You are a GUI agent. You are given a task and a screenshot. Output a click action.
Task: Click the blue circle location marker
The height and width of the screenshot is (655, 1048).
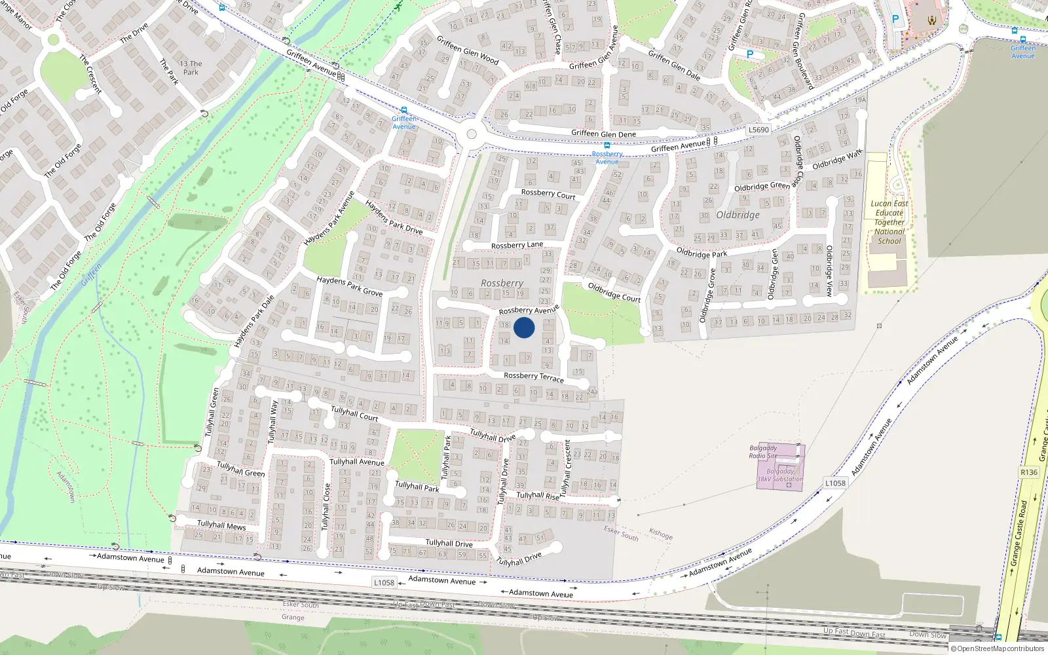524,327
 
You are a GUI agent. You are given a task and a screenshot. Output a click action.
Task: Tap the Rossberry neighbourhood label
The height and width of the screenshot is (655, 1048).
502,284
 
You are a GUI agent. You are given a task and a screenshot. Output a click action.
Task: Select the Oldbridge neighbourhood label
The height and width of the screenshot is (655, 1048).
738,215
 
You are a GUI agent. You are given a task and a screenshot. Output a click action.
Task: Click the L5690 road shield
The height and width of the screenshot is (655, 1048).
758,130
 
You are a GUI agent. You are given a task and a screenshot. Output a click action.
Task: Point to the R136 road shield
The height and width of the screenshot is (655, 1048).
1029,472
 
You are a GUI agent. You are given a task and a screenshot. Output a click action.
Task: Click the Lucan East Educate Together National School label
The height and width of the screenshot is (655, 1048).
889,222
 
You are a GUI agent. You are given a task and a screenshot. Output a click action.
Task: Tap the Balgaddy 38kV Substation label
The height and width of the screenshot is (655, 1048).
779,475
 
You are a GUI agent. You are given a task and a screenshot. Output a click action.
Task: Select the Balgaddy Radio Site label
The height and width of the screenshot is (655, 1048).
763,452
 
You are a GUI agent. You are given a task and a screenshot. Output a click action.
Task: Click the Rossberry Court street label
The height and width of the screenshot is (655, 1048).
548,193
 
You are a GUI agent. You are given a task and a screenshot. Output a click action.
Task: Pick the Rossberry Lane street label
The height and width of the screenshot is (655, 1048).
517,246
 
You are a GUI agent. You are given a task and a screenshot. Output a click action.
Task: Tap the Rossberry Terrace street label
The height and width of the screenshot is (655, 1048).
533,377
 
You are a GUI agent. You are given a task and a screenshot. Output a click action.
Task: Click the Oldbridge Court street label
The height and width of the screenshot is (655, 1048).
614,292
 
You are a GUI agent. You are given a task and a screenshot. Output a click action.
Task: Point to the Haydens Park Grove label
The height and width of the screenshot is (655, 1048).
349,286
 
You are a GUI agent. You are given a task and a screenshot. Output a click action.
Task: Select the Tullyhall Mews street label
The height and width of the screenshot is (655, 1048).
221,525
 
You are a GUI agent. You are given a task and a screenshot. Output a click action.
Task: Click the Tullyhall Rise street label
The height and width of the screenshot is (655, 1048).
538,496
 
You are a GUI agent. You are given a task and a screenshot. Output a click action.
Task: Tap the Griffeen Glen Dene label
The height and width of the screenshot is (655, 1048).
603,134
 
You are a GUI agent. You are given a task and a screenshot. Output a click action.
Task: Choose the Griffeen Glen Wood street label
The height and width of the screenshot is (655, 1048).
468,50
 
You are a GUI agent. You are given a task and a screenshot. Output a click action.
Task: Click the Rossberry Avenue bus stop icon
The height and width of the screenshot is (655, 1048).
607,145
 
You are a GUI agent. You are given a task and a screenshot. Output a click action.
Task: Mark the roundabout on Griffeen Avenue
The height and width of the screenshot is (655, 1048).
471,135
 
